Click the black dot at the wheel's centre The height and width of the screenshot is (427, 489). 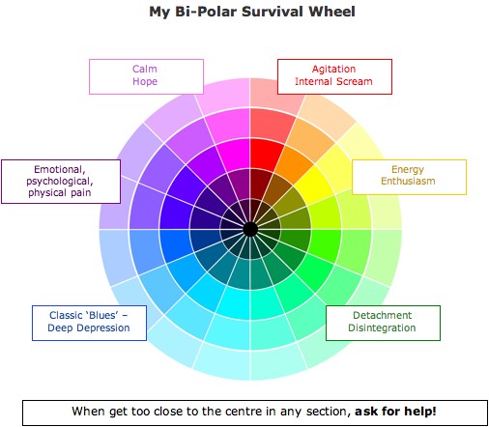pos(250,229)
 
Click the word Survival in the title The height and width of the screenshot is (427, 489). pos(273,12)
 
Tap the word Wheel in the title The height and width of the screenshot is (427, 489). pos(331,12)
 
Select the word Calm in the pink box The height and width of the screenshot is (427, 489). pos(145,69)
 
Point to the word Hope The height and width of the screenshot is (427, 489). pos(145,81)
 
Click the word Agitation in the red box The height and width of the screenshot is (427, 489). pos(333,69)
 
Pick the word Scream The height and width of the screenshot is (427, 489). pos(354,81)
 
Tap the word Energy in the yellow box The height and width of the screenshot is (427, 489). pos(408,169)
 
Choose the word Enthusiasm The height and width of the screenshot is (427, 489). pos(408,181)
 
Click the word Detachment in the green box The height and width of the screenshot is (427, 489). pos(382,315)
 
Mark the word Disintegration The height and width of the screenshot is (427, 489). pos(382,327)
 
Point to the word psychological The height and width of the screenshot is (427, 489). pos(60,182)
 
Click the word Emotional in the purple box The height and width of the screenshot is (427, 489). pos(60,169)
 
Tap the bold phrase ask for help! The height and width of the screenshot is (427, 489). pos(395,412)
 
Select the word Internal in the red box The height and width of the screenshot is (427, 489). pos(313,81)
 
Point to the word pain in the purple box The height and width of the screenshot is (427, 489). pos(82,193)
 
